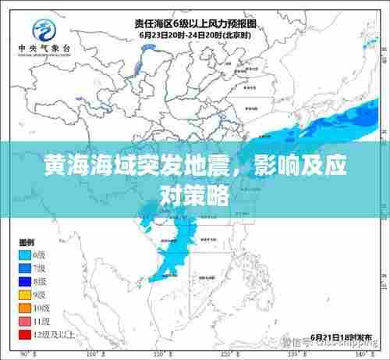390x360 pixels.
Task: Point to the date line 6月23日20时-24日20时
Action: [x=195, y=35]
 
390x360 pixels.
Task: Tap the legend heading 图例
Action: [x=27, y=220]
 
